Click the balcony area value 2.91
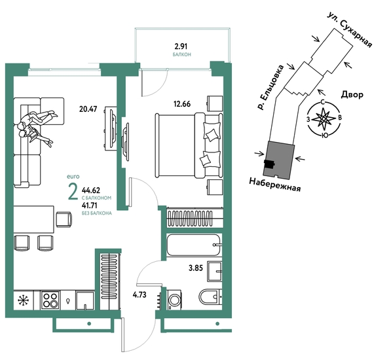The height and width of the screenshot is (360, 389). coord(181,46)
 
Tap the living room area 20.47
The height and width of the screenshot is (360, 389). coord(88,109)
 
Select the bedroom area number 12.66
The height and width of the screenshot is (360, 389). coord(182,104)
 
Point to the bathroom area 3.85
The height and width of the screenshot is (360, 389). coord(196,268)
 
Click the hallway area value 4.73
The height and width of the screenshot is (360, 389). coord(139,295)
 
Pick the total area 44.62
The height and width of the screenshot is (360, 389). coord(91,190)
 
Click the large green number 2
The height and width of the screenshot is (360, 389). coord(73,192)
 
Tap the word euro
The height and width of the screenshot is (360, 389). coord(73,177)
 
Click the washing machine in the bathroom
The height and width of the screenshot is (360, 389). coord(174,300)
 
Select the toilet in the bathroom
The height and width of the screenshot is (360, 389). coord(210,297)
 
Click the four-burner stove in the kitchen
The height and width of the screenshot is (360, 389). coord(50,300)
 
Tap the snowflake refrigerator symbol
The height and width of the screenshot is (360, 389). coord(24,300)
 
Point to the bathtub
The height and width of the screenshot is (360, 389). coord(193,245)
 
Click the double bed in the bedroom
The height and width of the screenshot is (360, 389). coord(189,145)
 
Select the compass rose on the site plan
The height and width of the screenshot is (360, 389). coord(324,120)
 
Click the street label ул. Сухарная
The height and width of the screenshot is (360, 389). coord(350,29)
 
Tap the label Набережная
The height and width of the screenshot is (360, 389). coord(274,185)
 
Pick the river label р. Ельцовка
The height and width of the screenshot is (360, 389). coord(270,87)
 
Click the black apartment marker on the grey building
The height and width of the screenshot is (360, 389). coord(269,164)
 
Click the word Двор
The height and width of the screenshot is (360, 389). coord(352,94)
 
